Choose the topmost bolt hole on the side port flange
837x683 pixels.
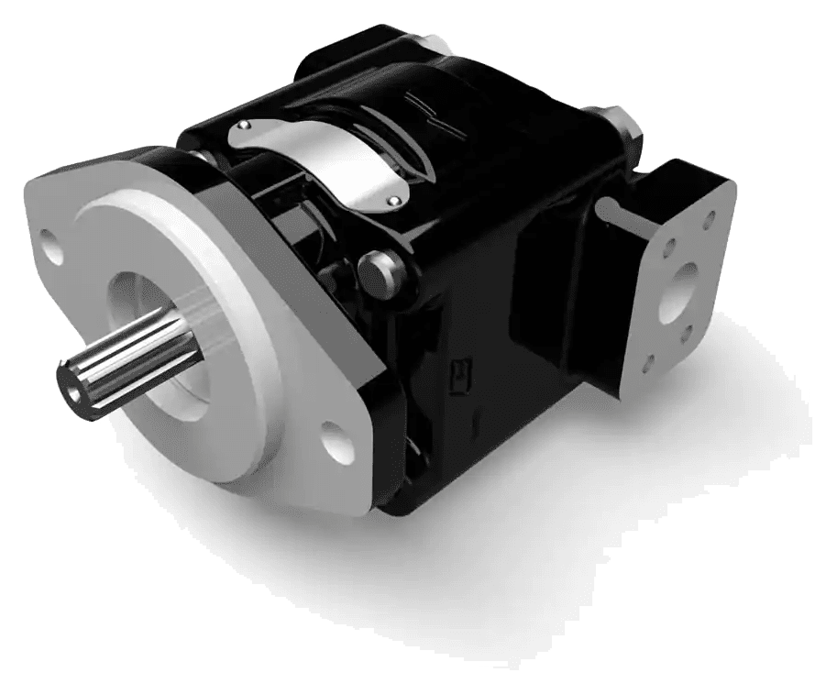click(709, 221)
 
